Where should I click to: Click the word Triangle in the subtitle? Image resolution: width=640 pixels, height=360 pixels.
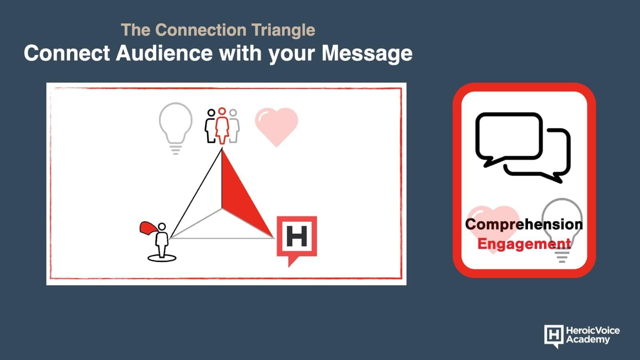[283, 30]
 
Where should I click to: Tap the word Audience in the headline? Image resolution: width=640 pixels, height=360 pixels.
[164, 53]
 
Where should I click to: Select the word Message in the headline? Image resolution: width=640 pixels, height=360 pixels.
[367, 54]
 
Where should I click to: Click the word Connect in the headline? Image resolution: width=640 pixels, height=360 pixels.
[67, 53]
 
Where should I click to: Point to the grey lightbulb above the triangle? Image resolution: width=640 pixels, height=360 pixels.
[176, 128]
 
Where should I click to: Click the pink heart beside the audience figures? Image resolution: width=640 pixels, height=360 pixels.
[276, 127]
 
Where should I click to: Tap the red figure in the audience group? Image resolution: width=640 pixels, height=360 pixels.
[222, 126]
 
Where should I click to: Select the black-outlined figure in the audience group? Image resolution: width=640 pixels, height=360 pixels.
[210, 126]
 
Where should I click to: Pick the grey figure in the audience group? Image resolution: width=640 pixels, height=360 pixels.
[234, 126]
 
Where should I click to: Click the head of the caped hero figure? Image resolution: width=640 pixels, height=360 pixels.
[162, 226]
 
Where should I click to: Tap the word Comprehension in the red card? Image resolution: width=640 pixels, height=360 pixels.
[524, 224]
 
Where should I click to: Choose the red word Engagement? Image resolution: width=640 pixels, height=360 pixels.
[524, 244]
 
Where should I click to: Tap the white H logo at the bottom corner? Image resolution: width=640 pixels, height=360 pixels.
[554, 336]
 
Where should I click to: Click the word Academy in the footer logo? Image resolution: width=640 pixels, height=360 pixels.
[588, 340]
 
